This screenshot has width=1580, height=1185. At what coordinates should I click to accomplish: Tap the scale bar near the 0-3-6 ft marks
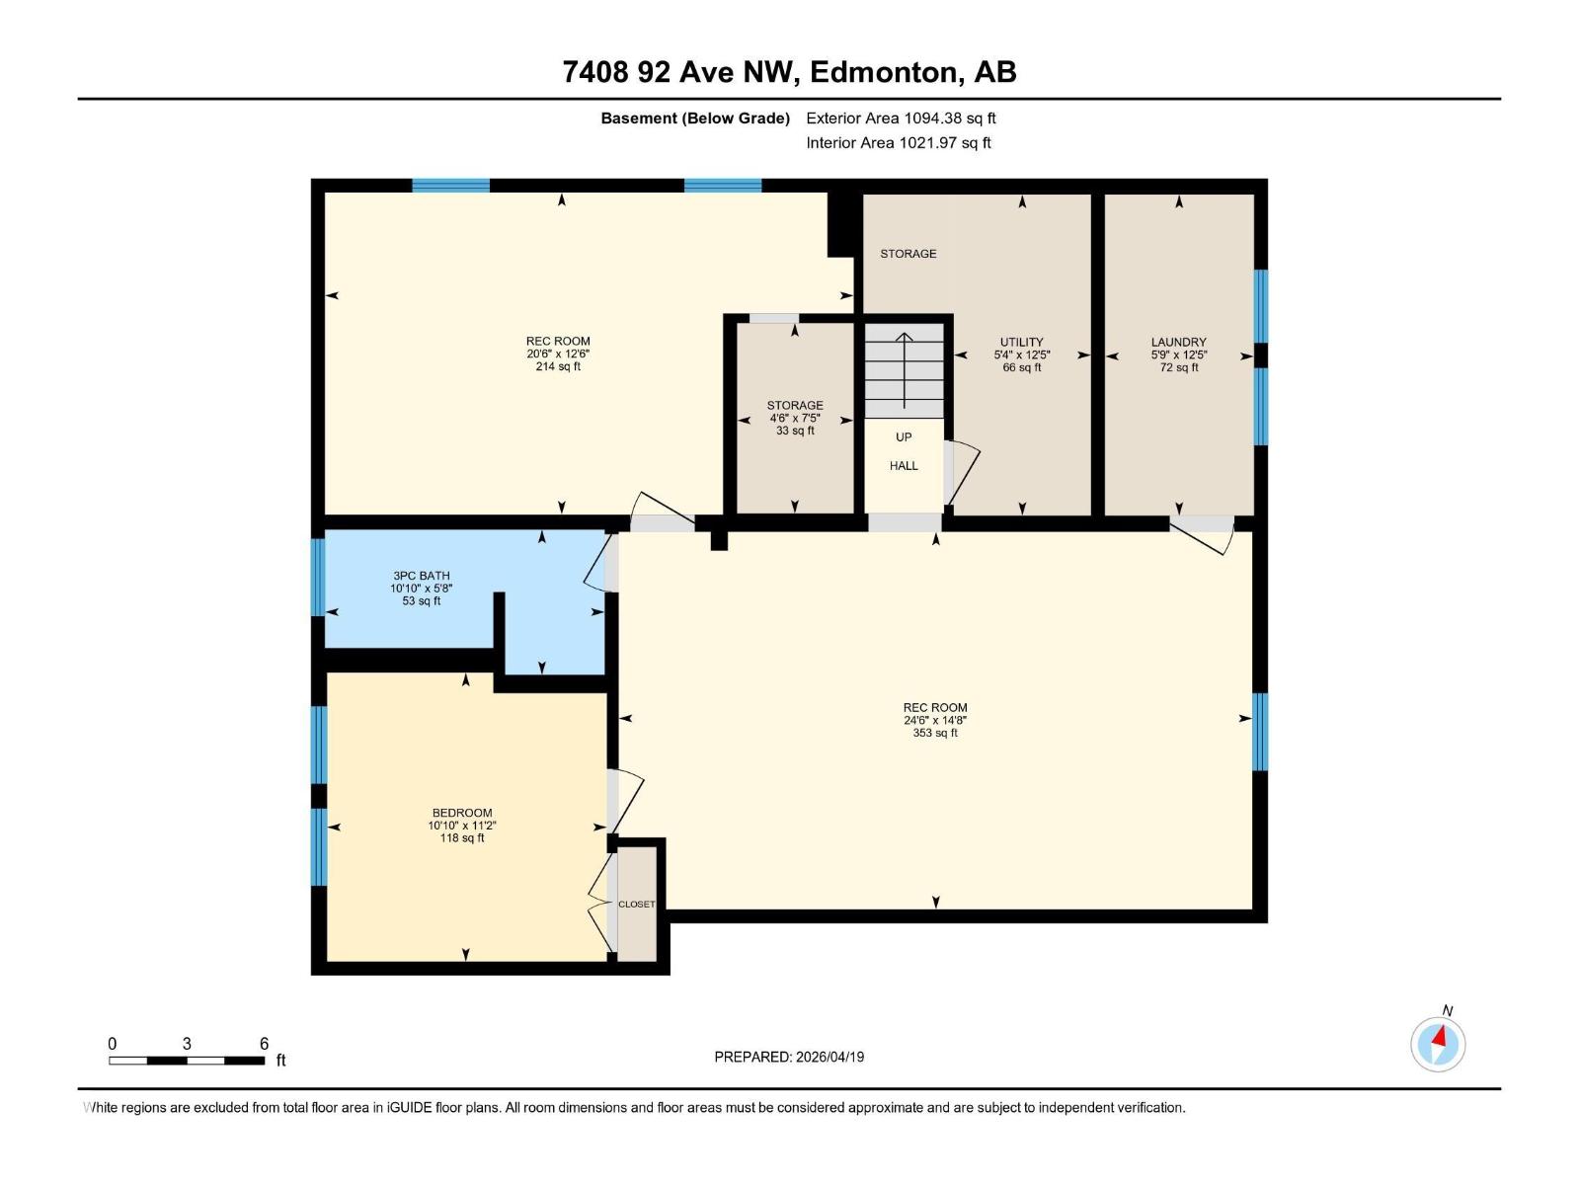pyautogui.click(x=187, y=1061)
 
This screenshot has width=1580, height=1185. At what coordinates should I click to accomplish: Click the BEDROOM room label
pyautogui.click(x=461, y=813)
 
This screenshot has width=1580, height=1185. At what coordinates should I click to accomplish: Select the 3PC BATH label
pyautogui.click(x=422, y=576)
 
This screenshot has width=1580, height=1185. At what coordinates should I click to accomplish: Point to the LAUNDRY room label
pyautogui.click(x=1178, y=343)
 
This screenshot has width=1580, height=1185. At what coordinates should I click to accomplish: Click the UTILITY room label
pyautogui.click(x=1021, y=343)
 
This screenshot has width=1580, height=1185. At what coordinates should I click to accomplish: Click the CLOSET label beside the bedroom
pyautogui.click(x=636, y=905)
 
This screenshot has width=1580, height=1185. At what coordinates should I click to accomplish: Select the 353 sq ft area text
pyautogui.click(x=935, y=734)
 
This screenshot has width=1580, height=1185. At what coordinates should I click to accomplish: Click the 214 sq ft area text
pyautogui.click(x=558, y=367)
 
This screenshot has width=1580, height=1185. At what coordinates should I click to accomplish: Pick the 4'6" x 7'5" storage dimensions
pyautogui.click(x=795, y=418)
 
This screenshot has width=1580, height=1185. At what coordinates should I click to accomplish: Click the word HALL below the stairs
pyautogui.click(x=904, y=466)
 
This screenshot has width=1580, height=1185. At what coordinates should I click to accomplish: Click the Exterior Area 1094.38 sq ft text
pyautogui.click(x=901, y=118)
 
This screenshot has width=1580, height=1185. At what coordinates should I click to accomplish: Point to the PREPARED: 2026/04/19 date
pyautogui.click(x=789, y=1057)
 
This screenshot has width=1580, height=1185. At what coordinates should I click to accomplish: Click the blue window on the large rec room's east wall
pyautogui.click(x=1260, y=732)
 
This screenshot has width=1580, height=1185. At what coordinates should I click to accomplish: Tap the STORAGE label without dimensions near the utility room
pyautogui.click(x=908, y=254)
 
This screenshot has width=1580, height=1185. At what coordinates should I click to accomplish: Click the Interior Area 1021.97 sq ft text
pyautogui.click(x=898, y=143)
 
